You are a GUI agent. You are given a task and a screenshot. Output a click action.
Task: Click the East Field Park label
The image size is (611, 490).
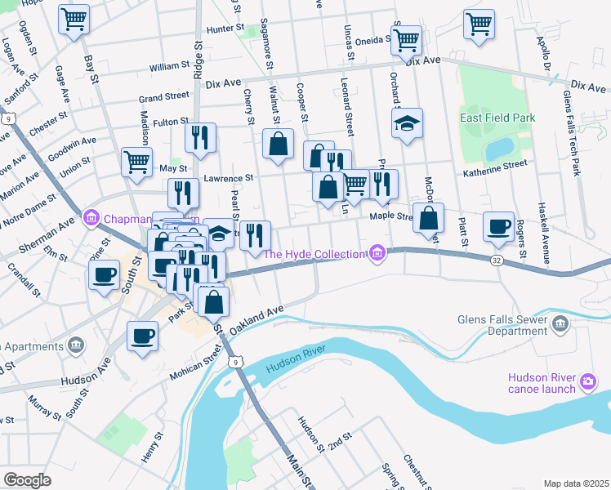pos(497,118)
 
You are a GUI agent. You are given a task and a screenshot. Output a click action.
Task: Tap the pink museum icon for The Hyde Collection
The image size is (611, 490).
pos(377,255)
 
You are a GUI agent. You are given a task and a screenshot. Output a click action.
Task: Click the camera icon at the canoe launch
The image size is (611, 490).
pos(587,381)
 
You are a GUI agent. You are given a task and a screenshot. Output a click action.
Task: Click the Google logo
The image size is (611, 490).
pos(27,479)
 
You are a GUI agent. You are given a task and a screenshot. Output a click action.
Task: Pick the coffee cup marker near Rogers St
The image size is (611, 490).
pos(497,226)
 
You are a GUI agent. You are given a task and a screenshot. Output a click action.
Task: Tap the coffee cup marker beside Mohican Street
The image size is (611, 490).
pos(142,336)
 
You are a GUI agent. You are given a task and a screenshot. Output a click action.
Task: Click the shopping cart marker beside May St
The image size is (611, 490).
pos(136,160)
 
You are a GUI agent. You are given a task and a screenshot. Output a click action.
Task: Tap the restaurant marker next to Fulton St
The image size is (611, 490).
pos(200,137)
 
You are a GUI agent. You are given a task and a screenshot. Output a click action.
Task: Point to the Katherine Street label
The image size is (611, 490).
pos(493,166)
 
